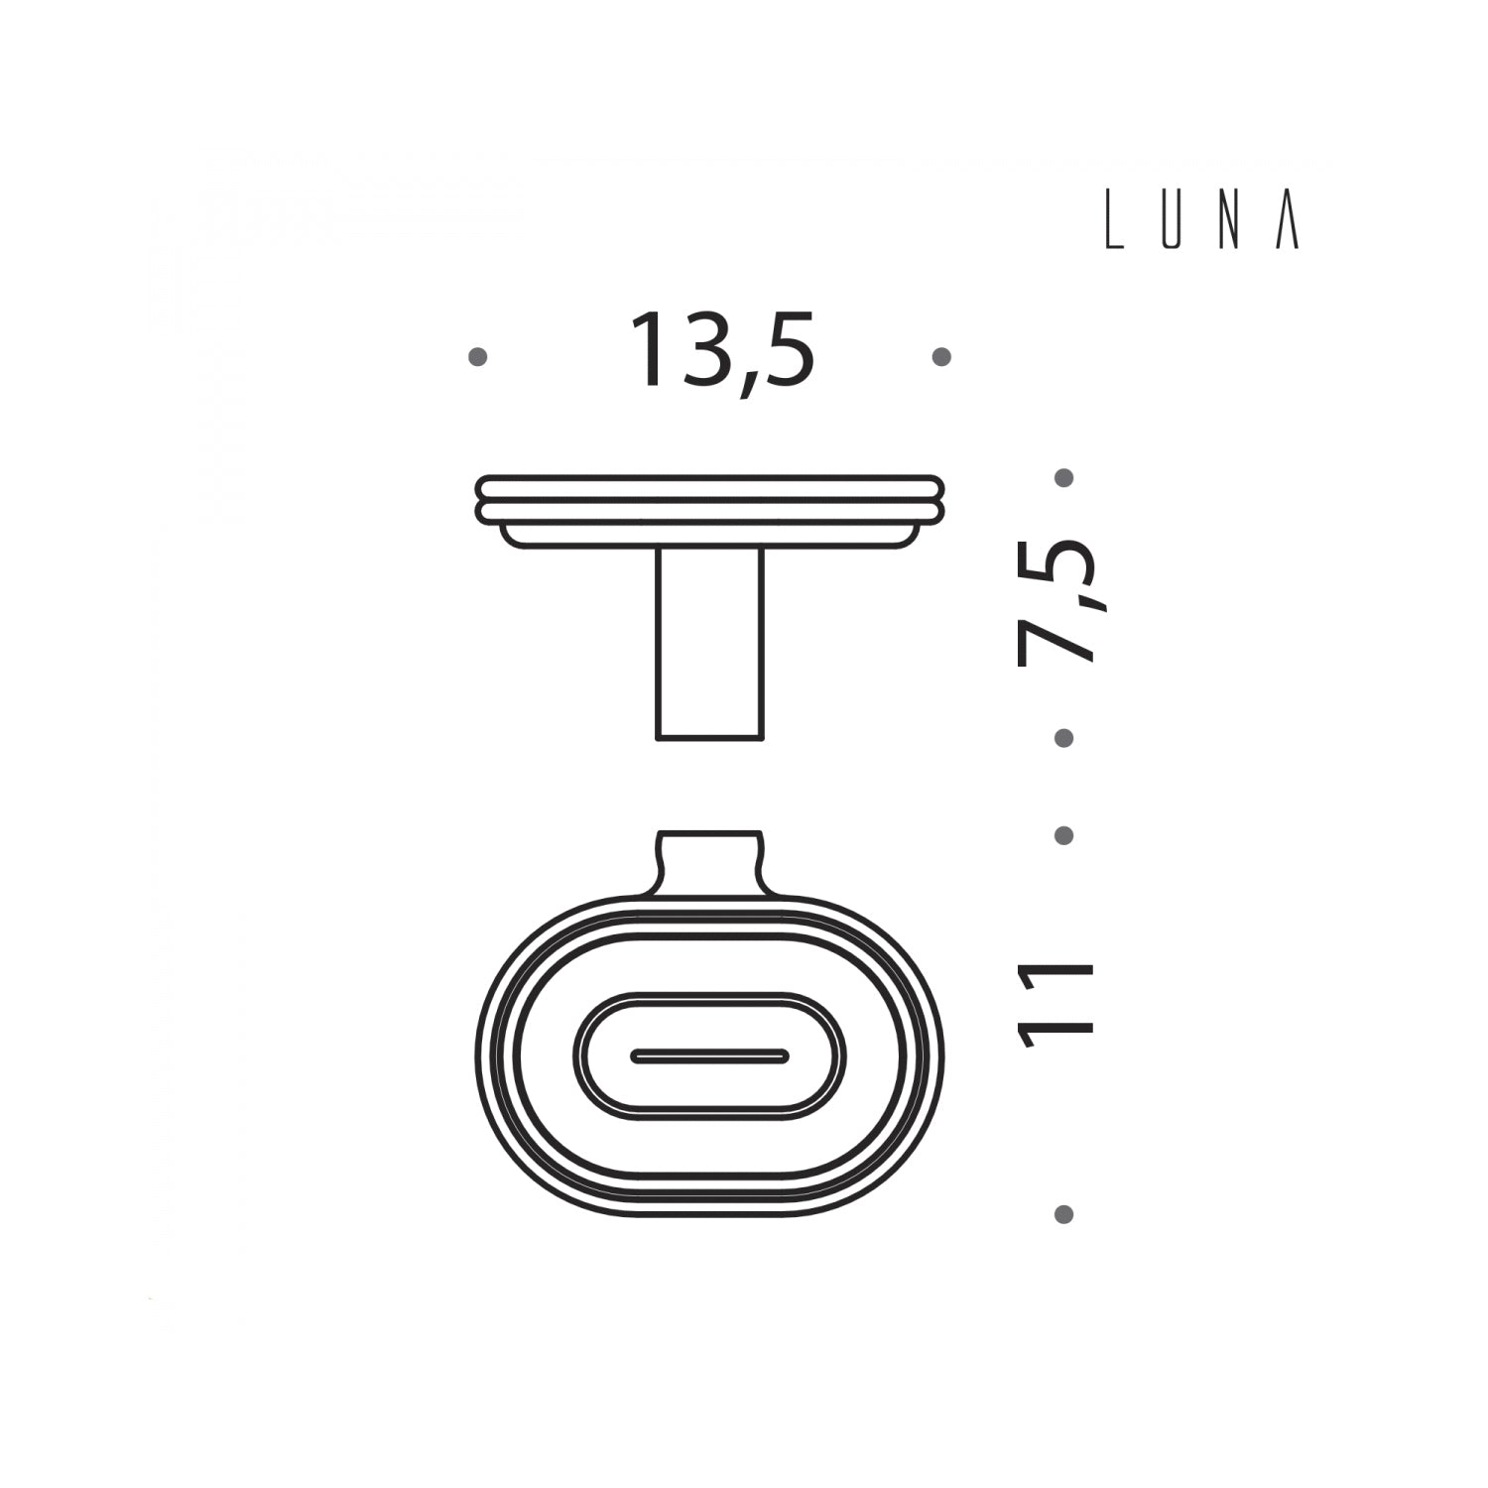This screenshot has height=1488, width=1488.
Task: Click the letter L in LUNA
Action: pos(1114,227)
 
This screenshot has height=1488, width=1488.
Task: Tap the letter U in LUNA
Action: pos(1172,227)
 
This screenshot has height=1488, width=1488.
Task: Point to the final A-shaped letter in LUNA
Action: pos(1287,227)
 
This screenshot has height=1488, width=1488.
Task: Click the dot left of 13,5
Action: pos(478,357)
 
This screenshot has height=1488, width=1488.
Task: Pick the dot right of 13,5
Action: pos(942,357)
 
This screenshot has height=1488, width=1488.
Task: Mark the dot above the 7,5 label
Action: pos(1064,478)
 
